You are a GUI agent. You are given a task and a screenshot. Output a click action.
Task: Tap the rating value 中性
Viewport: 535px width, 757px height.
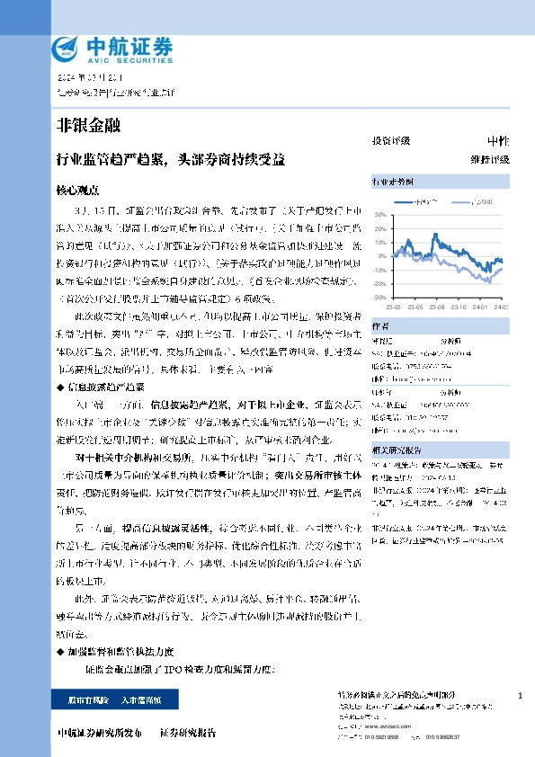click(497, 141)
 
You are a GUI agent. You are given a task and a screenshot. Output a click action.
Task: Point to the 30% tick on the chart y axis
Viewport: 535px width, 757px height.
click(380, 216)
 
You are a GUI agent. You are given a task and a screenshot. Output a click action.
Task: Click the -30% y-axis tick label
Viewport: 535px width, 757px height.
click(379, 296)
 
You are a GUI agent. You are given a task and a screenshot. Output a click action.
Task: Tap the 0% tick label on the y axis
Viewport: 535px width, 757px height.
click(382, 256)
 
